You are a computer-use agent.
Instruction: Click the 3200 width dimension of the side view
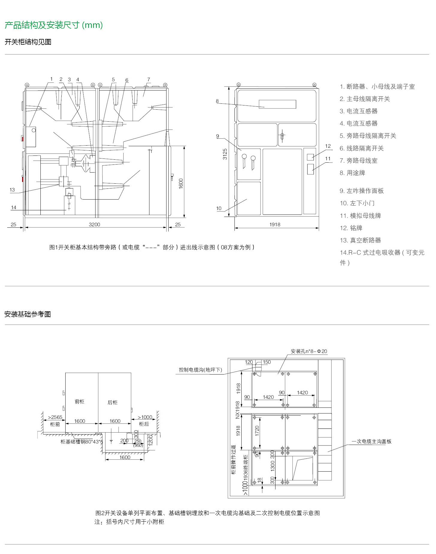point(94,224)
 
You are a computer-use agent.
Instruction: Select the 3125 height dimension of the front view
point(225,154)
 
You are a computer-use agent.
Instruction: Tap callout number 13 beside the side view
point(12,190)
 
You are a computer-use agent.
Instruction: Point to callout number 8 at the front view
point(217,101)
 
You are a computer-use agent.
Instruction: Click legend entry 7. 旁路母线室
point(358,161)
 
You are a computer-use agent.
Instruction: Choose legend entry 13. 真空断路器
point(360,240)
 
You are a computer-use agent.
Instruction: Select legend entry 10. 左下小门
point(357,203)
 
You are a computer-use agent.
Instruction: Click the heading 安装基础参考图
point(28,314)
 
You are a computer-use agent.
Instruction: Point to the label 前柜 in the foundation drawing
point(79,401)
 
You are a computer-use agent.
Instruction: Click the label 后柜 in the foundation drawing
point(113,402)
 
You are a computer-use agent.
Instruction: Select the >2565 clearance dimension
point(55,417)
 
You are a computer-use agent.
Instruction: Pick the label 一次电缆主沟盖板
point(371,441)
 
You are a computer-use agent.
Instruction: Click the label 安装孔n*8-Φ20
point(309,351)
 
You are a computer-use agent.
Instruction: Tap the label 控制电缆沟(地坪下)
point(200,370)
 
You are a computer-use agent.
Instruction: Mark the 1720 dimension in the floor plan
point(257,431)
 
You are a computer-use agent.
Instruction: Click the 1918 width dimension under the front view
point(275,224)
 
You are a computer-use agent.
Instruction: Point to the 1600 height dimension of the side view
point(181,183)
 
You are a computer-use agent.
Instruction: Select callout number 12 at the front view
point(328,146)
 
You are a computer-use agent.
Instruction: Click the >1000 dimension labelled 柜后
point(145,417)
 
